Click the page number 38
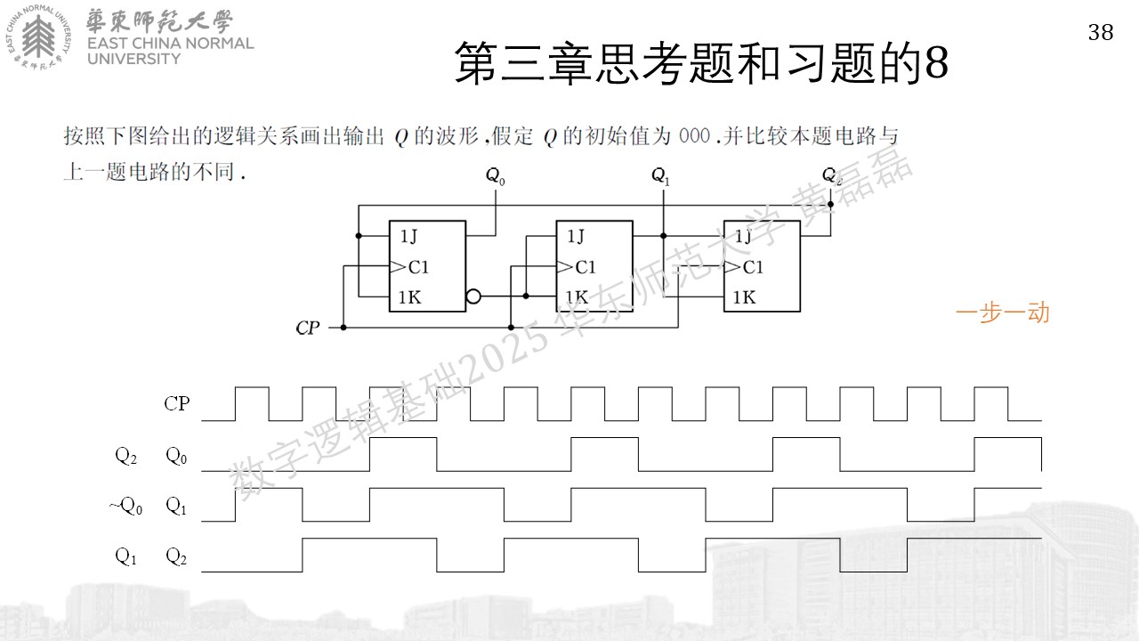(1101, 33)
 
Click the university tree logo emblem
(38, 37)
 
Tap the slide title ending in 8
(701, 62)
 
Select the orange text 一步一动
(1003, 312)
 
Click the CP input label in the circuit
(308, 328)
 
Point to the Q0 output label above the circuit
(496, 176)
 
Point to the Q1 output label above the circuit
(660, 176)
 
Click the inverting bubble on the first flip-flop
(473, 296)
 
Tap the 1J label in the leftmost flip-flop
(408, 236)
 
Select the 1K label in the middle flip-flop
(577, 297)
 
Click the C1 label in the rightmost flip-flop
(753, 267)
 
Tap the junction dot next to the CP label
(343, 328)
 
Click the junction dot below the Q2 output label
(830, 205)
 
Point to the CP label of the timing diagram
(176, 403)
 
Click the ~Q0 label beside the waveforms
(125, 507)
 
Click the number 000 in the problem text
(695, 136)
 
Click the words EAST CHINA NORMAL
(170, 44)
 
